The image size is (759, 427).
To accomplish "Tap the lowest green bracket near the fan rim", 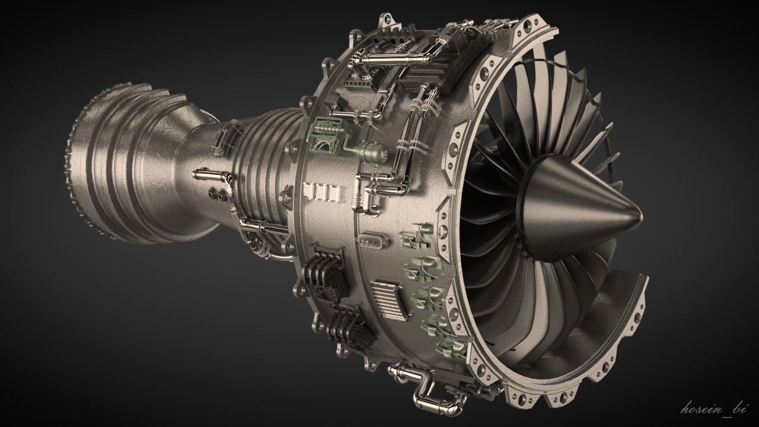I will (x=451, y=346).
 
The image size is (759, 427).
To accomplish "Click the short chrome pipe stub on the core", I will (x=208, y=173).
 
